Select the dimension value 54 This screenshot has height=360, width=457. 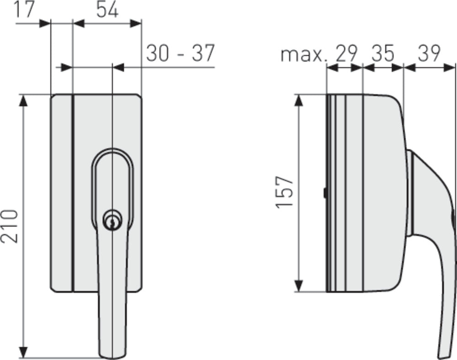(x=107, y=10)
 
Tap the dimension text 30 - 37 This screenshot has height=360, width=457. (x=180, y=53)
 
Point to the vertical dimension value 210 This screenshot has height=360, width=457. (x=10, y=226)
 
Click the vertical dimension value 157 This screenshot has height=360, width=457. (x=285, y=192)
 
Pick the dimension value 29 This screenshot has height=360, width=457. (x=346, y=54)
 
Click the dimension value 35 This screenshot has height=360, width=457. (x=383, y=54)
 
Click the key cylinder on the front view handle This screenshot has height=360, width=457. (x=112, y=221)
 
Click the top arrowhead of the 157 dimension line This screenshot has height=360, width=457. (x=299, y=101)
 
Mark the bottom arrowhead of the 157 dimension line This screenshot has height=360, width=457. (x=299, y=286)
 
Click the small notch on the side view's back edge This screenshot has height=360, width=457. (x=324, y=193)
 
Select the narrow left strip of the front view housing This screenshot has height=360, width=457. (x=61, y=192)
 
